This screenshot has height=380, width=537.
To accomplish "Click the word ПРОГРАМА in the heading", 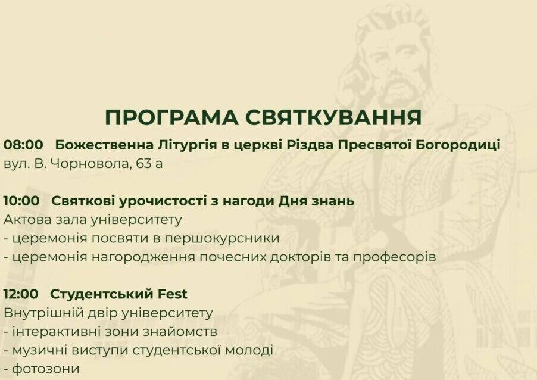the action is pyautogui.click(x=171, y=117).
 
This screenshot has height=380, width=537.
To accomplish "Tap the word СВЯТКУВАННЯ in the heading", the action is pyautogui.click(x=333, y=117).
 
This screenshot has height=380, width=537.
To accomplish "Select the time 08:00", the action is pyautogui.click(x=23, y=145).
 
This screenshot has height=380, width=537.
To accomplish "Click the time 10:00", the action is pyautogui.click(x=21, y=201).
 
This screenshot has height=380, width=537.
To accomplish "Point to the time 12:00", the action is pyautogui.click(x=21, y=294).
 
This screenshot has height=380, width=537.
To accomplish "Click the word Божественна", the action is pyautogui.click(x=104, y=145).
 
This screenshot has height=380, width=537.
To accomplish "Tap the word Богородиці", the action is pyautogui.click(x=458, y=145).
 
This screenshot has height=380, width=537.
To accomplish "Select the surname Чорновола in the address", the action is pyautogui.click(x=90, y=164).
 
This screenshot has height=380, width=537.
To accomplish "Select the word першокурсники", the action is pyautogui.click(x=222, y=238).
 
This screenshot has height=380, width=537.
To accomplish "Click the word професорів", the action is pyautogui.click(x=395, y=257).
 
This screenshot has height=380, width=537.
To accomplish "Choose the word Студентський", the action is pyautogui.click(x=102, y=294).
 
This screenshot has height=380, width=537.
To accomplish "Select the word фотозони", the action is pyautogui.click(x=46, y=369).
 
